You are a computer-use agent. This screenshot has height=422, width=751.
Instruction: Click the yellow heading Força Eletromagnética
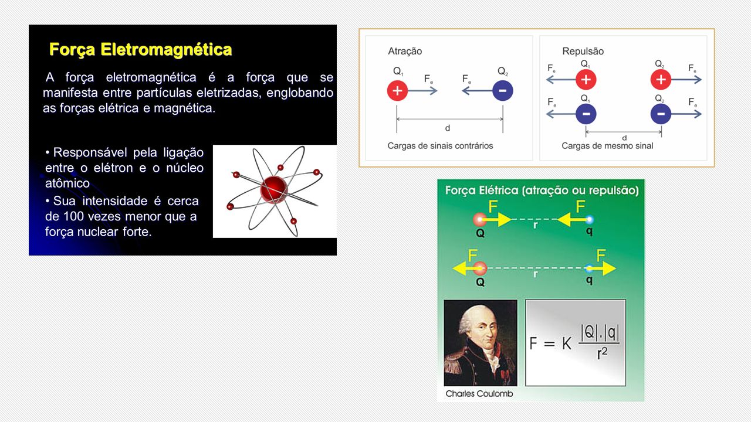click(140, 50)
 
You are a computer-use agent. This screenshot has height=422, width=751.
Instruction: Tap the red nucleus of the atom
click(274, 189)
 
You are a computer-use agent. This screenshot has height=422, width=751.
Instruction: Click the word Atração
click(405, 51)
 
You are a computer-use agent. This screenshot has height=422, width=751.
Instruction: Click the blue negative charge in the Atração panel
click(503, 90)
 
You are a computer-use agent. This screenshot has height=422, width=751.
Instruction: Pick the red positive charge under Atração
click(397, 90)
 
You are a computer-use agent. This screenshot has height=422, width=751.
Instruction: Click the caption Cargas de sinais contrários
click(440, 146)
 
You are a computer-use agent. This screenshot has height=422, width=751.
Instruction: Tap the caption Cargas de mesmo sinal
click(607, 146)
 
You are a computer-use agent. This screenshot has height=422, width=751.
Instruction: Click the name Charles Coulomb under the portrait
click(479, 393)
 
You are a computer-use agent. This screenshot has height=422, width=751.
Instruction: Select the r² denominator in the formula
click(602, 353)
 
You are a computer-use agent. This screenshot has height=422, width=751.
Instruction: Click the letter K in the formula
click(567, 343)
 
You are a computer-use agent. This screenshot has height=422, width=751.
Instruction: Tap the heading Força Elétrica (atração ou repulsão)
click(542, 190)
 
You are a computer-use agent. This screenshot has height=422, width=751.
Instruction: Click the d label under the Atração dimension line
click(447, 128)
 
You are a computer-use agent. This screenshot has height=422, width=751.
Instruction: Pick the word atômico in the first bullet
click(67, 183)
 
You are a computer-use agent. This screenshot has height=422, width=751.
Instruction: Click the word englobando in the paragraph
click(300, 93)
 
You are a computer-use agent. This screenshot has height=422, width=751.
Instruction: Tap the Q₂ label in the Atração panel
click(503, 71)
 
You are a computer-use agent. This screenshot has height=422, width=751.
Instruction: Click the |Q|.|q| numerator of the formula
click(600, 332)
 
